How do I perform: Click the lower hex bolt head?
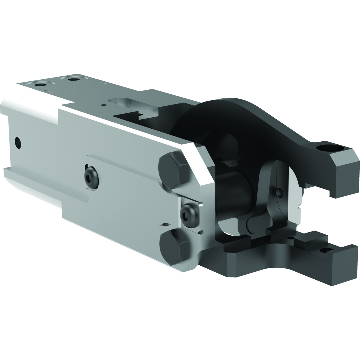coord(174,247)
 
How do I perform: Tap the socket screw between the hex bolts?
coord(189,215)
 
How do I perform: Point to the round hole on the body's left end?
coord(18,143)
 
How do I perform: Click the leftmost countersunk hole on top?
coord(40,85)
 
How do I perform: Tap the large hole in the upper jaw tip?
coord(330,148)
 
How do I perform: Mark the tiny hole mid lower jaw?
coord(291,238)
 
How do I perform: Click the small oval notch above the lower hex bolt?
coord(165,225)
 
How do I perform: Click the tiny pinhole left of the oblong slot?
coord(104,105)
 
